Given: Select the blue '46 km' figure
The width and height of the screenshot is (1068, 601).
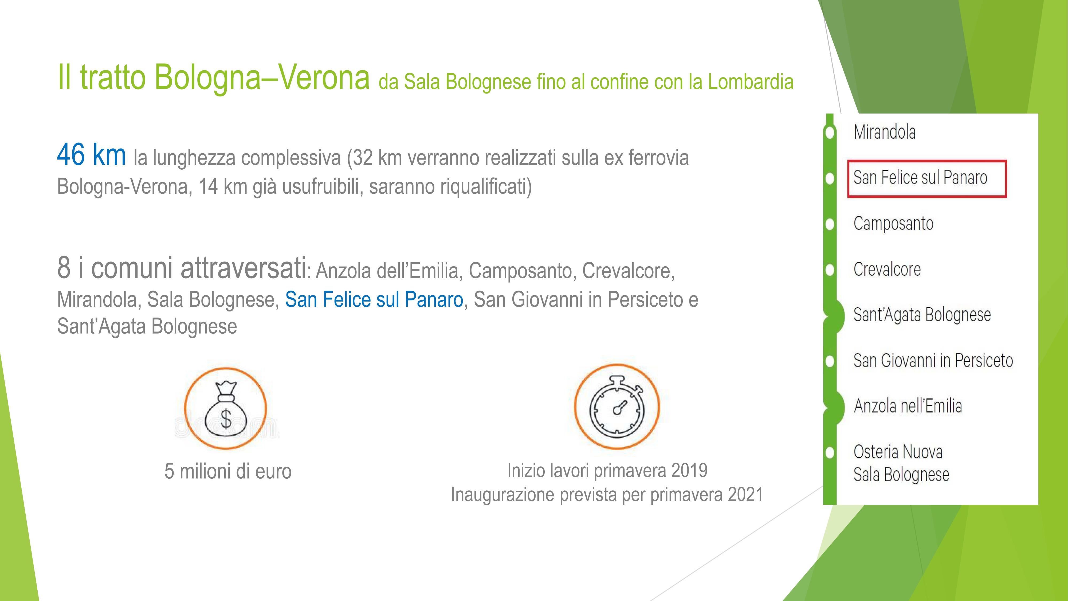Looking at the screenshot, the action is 92,154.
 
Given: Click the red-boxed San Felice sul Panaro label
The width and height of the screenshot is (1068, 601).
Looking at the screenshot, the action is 920,178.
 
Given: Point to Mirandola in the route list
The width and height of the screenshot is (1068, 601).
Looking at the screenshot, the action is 884,132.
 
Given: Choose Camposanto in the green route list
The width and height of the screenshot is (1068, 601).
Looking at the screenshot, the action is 893,224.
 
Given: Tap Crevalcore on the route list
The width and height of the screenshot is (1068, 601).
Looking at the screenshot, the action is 887,269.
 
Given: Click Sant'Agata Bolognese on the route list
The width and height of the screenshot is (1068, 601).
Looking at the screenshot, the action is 922,315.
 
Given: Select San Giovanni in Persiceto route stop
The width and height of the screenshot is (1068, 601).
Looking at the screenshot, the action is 933,360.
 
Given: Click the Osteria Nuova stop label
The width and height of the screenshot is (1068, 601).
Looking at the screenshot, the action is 898,452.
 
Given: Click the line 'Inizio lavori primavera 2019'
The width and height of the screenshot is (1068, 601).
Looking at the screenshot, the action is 607,471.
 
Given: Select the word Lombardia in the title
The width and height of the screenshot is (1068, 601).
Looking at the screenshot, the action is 751,82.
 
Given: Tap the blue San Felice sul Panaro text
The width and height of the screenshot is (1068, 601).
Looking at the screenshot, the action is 374,299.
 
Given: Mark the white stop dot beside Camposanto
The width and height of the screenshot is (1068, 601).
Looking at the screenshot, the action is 830,224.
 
